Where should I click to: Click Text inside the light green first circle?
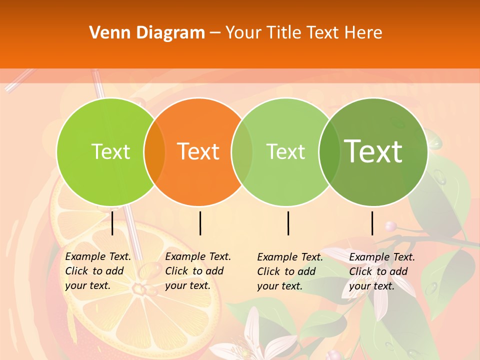click(110, 151)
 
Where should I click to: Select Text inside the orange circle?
click(198, 151)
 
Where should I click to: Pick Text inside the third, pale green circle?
click(286, 151)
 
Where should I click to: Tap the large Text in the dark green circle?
click(373, 151)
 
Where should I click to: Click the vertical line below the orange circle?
click(200, 223)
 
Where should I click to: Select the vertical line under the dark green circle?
click(372, 223)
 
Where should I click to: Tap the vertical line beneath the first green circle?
click(112, 223)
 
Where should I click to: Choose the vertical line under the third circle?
click(288, 223)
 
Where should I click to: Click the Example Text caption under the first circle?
click(97, 271)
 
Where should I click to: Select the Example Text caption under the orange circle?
click(197, 271)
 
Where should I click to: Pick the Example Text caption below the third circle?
click(289, 271)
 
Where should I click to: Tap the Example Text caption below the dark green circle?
click(381, 271)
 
